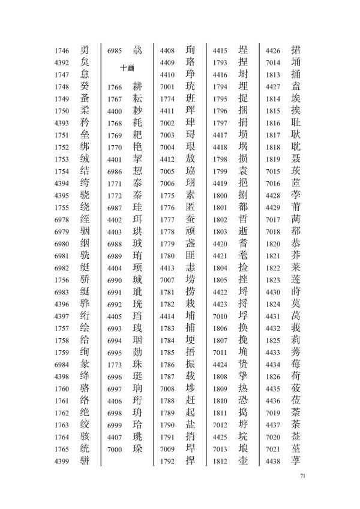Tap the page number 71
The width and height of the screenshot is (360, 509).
302,477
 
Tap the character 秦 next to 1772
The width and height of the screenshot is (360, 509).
139,195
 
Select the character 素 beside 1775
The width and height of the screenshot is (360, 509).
191,195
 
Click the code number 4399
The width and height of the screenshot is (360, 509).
62,461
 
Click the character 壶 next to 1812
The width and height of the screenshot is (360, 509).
244,461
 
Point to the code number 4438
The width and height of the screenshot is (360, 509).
272,461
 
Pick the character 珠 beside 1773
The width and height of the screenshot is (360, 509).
139,365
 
